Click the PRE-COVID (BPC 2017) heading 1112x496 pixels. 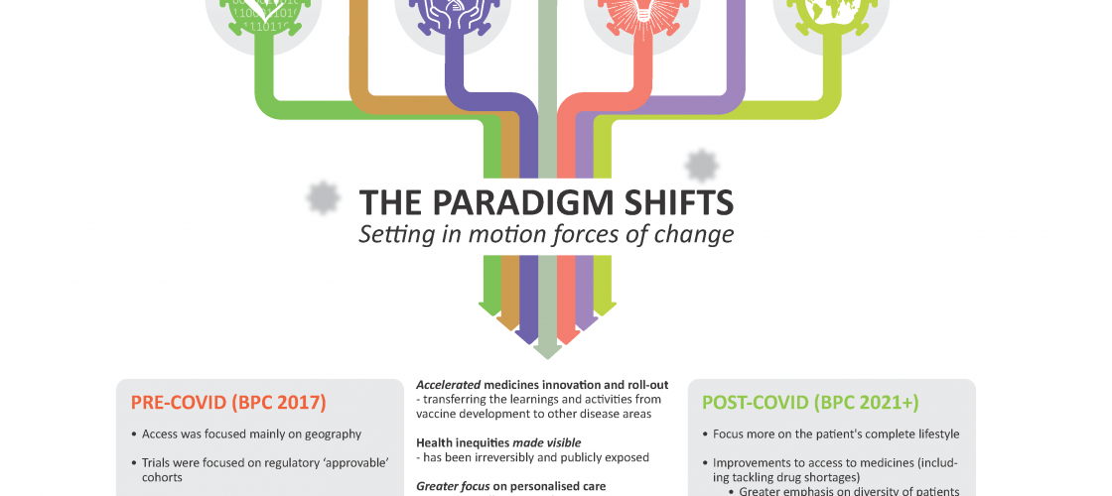click(228, 403)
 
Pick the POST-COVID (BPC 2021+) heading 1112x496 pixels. click(810, 403)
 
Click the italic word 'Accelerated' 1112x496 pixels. click(449, 386)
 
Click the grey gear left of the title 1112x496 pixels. click(323, 197)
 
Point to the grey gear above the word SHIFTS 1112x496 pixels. click(701, 166)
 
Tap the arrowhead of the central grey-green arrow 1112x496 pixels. click(547, 351)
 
